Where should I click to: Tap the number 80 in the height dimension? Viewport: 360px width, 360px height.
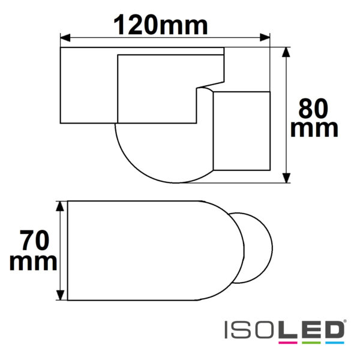pos(313,109)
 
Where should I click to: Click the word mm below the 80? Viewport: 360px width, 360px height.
pos(313,128)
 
